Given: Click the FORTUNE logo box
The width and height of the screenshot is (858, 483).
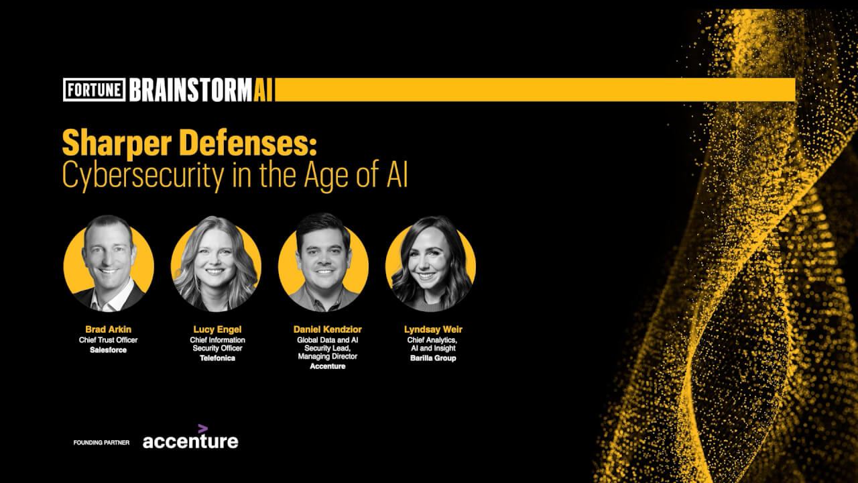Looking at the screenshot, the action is click(x=95, y=90).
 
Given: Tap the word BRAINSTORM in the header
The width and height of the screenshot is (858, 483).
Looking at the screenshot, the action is click(x=191, y=90).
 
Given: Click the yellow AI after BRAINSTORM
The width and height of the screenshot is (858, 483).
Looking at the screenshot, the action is click(x=263, y=90).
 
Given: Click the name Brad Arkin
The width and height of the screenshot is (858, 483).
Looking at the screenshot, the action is click(x=109, y=329).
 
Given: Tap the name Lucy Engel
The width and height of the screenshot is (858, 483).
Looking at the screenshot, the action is click(x=217, y=329).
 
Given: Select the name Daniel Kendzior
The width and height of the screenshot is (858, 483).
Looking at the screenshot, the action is click(x=328, y=329).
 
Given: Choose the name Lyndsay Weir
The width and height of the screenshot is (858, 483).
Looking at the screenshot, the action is click(x=433, y=329).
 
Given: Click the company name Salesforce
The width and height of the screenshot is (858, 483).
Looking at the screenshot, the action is click(x=109, y=350).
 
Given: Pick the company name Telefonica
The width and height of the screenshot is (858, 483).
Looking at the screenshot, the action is click(x=217, y=358).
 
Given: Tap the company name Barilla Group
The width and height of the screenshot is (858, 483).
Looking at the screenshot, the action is click(x=433, y=358).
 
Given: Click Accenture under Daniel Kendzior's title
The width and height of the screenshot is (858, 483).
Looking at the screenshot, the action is click(x=328, y=366).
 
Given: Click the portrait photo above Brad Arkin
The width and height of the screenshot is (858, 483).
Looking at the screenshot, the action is click(x=109, y=264).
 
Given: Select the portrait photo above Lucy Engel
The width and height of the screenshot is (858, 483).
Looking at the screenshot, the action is click(x=216, y=264).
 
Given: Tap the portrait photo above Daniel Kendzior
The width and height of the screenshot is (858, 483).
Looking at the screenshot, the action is click(x=323, y=262).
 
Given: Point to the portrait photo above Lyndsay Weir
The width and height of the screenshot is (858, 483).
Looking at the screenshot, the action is click(x=430, y=264).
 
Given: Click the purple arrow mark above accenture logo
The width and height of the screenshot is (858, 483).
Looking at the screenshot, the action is click(x=202, y=429).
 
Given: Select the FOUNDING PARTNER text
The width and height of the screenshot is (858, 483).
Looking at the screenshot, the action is click(x=101, y=442).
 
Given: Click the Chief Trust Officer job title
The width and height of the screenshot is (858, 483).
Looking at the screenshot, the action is click(x=109, y=340).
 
